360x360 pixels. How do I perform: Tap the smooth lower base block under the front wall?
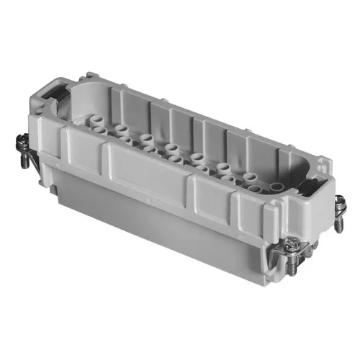(166, 238)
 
